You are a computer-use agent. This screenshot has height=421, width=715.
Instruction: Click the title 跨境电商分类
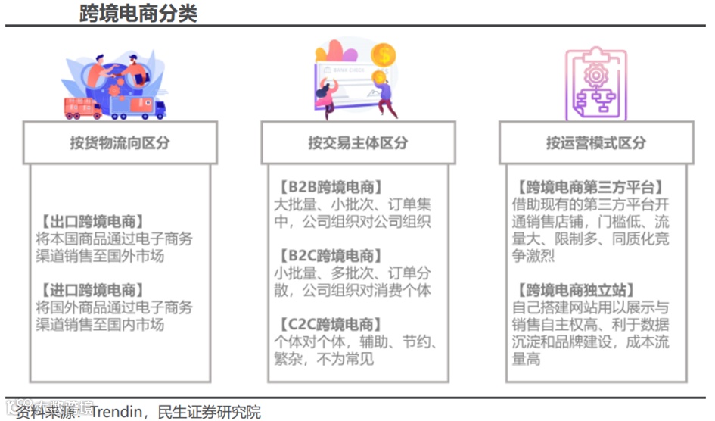coord(138,13)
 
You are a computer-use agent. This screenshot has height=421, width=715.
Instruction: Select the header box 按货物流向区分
coord(120,142)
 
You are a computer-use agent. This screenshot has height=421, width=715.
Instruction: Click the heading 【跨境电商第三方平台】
coord(587,187)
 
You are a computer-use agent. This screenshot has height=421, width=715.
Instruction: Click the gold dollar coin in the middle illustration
coord(384,55)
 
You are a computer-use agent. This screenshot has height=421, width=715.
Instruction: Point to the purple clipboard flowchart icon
coord(596,85)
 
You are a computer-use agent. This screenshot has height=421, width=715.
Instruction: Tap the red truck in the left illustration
coord(82,108)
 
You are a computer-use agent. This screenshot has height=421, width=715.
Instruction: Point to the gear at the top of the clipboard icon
coord(596,75)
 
